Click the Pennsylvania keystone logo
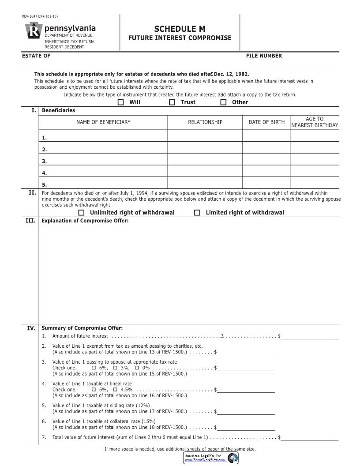[33, 32]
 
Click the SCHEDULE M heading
[180, 29]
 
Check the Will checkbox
[121, 102]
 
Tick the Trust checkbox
[172, 102]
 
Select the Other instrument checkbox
[223, 102]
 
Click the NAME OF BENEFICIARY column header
[103, 122]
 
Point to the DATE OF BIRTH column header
[266, 122]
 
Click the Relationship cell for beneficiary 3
[205, 159]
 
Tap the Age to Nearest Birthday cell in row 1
[314, 135]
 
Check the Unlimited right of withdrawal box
[81, 213]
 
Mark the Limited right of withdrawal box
[198, 213]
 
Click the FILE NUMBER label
[264, 56]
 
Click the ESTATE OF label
[36, 56]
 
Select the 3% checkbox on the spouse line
[116, 368]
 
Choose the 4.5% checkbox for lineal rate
[116, 390]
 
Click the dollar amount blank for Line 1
[310, 336]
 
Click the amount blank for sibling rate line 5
[246, 411]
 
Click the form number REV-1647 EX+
[40, 17]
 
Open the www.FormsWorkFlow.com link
[205, 460]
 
